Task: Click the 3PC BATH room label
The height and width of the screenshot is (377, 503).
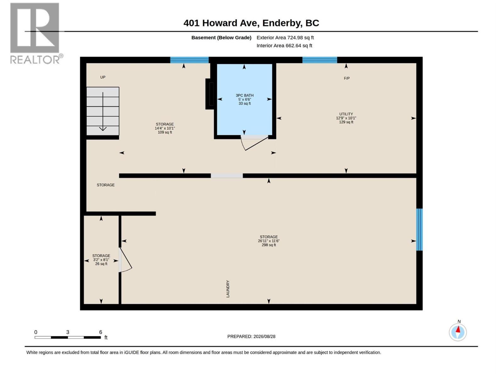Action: pyautogui.click(x=245, y=96)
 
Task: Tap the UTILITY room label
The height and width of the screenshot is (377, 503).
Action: pyautogui.click(x=346, y=114)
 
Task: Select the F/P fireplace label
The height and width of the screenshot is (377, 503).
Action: pyautogui.click(x=346, y=78)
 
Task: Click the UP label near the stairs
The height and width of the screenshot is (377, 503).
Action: pyautogui.click(x=103, y=77)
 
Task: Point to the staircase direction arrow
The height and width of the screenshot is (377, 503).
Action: pyautogui.click(x=103, y=111)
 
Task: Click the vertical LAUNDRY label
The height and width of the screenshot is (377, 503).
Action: pyautogui.click(x=228, y=289)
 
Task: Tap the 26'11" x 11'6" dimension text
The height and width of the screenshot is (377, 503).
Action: pyautogui.click(x=268, y=241)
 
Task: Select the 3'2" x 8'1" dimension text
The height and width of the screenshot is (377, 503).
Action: pyautogui.click(x=101, y=260)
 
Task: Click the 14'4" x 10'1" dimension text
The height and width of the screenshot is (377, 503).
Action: pyautogui.click(x=165, y=128)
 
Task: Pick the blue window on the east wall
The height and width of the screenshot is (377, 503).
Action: pyautogui.click(x=419, y=229)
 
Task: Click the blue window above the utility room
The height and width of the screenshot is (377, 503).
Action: pyautogui.click(x=320, y=60)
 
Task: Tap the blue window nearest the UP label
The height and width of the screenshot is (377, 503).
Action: pyautogui.click(x=189, y=60)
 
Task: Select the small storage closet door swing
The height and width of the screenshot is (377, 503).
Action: pyautogui.click(x=125, y=260)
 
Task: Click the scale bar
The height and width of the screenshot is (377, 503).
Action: pyautogui.click(x=68, y=337)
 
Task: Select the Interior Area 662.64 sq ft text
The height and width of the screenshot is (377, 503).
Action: pyautogui.click(x=284, y=46)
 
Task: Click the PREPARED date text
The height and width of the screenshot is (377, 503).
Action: pyautogui.click(x=251, y=336)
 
